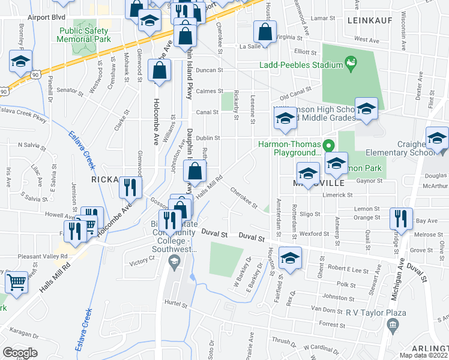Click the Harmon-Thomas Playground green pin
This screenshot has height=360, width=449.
pos(328,145)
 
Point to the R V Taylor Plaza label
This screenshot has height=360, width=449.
pos(376,313)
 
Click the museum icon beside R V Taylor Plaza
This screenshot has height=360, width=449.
pos(393,325)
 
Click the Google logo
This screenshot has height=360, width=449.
pos(20,353)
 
